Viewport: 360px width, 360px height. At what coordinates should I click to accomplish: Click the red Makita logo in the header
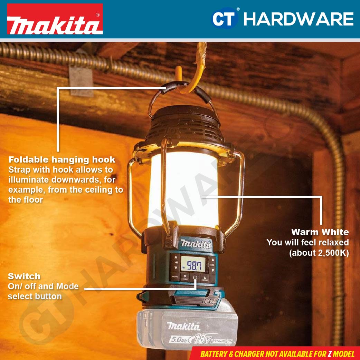pos(55,19)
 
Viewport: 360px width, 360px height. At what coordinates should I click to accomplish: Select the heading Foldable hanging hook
pos(61,160)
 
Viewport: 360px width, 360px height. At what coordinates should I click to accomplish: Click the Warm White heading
pos(320,232)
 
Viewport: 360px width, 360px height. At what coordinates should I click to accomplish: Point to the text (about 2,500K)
pos(319,253)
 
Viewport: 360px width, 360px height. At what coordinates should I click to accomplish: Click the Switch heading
pos(24,276)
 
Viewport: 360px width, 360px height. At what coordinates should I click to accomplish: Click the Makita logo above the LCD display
pos(196,244)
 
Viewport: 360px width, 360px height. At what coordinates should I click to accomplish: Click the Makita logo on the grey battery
pos(183,325)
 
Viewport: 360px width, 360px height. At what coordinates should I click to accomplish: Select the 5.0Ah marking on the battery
pos(179,340)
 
